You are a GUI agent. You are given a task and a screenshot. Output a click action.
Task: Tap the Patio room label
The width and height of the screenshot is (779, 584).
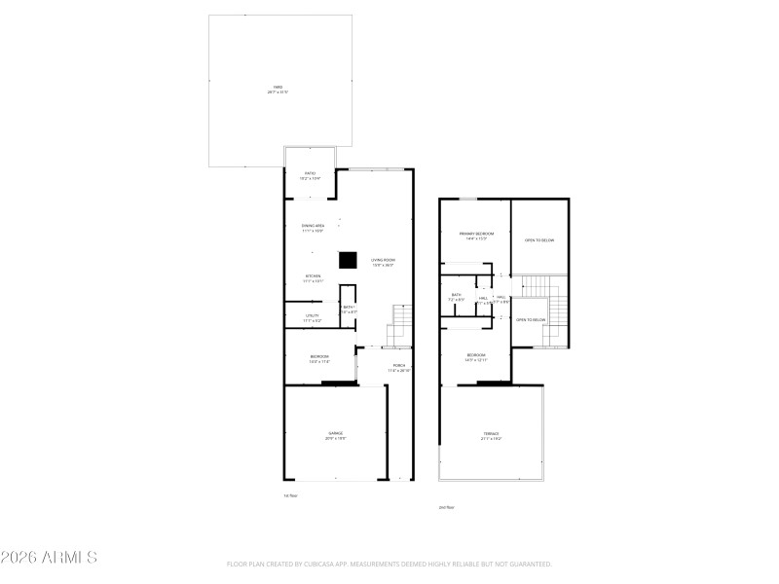(x=310, y=175)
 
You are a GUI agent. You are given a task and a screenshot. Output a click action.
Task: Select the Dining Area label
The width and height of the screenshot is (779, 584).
(x=313, y=227)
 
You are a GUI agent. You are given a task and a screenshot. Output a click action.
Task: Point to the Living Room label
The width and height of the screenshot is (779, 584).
(x=383, y=262)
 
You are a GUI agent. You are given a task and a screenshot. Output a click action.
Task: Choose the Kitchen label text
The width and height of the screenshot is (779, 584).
(x=313, y=277)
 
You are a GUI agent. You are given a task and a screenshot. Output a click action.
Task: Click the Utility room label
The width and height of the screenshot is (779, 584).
(x=313, y=317)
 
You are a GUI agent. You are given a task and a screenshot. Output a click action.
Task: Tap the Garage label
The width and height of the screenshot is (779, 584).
(x=335, y=435)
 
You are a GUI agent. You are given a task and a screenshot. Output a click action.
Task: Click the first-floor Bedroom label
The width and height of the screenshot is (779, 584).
(x=319, y=358)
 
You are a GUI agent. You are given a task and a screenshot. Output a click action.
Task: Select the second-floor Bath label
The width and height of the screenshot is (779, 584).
(x=456, y=296)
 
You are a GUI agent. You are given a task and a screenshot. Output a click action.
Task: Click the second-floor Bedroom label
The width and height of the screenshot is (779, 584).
(x=476, y=356)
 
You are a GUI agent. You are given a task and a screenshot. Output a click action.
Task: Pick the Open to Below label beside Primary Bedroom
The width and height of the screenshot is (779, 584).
(x=539, y=239)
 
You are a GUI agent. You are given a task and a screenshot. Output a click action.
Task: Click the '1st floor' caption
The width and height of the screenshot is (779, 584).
(x=288, y=495)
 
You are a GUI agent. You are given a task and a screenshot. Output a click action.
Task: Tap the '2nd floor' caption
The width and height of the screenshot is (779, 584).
(x=447, y=507)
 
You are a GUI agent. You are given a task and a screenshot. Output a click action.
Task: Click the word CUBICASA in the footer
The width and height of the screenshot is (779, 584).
(x=348, y=564)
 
